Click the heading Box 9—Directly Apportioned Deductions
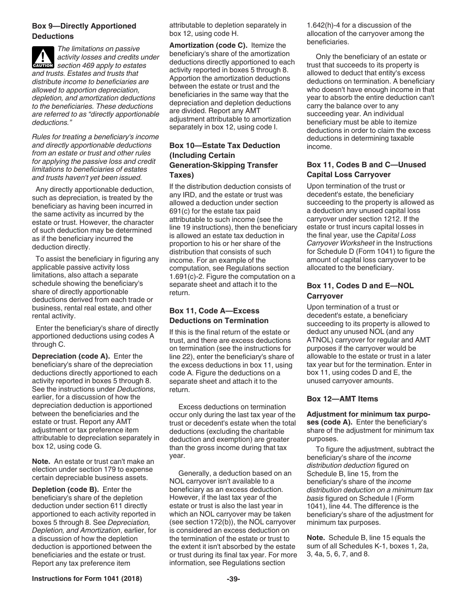pyautogui.click(x=84, y=31)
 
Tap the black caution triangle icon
pyautogui.click(x=43, y=58)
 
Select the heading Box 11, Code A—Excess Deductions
pyautogui.click(x=219, y=316)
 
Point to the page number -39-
pyautogui.click(x=233, y=579)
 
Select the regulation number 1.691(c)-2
pyautogui.click(x=187, y=276)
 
